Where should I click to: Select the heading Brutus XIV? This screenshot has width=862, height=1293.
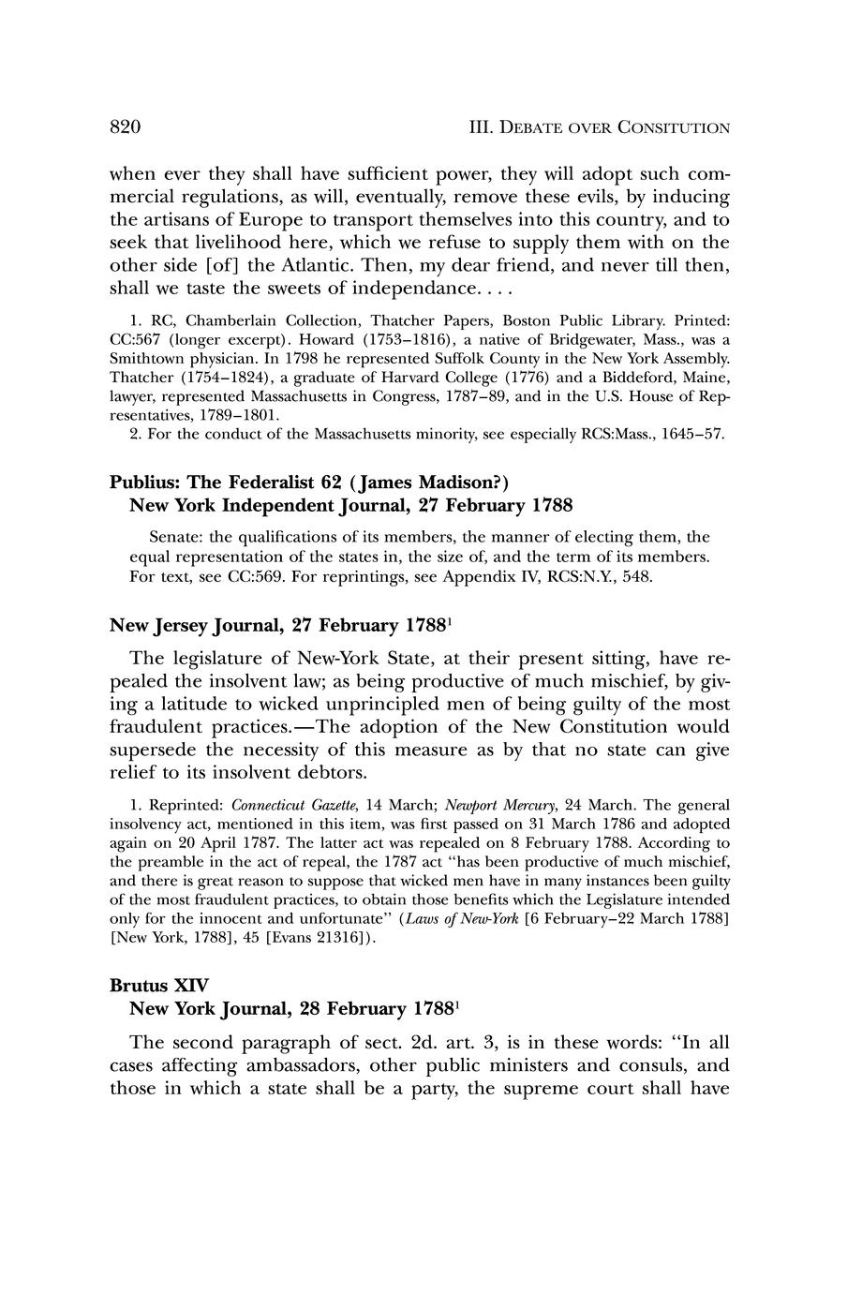coord(153,986)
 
